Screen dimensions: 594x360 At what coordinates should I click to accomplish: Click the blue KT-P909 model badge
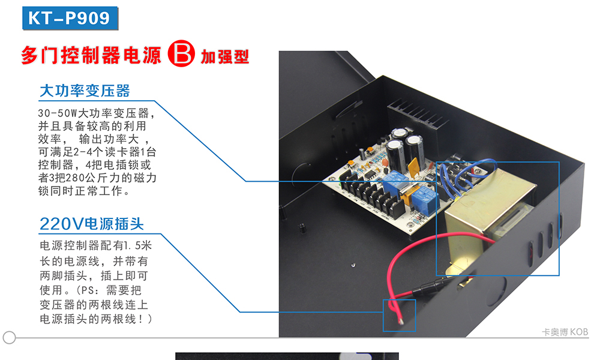tap(70, 18)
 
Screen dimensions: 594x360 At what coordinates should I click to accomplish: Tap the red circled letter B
tap(181, 53)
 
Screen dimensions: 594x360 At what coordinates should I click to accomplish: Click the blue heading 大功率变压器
tap(85, 91)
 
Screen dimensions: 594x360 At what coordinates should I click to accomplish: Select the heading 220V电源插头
tap(92, 224)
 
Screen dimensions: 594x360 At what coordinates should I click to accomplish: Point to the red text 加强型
tap(224, 57)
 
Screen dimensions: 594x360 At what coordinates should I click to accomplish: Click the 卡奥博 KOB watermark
tap(565, 332)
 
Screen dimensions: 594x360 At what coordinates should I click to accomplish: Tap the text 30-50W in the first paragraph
tap(57, 113)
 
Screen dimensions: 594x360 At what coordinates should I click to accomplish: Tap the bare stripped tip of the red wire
tap(401, 322)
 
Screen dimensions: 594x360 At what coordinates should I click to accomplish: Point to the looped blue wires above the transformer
tap(469, 175)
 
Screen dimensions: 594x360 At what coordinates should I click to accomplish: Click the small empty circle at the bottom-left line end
tap(9, 337)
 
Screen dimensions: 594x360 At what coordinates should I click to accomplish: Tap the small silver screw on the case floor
tap(353, 265)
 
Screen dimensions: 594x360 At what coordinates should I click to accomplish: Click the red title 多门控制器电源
tap(91, 55)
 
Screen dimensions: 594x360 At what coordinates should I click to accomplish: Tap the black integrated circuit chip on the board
tap(370, 175)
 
